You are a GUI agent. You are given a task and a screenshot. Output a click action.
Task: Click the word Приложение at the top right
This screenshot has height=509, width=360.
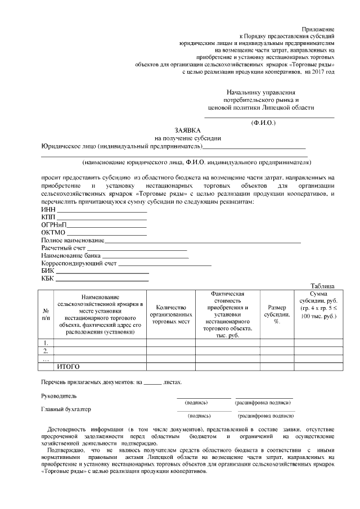pos(318,28)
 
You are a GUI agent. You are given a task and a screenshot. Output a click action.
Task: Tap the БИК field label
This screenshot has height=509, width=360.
pos(48,271)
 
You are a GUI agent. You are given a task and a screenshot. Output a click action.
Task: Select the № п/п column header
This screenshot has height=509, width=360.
pos(46,314)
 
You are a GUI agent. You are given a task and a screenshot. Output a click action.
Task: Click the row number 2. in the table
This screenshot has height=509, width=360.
pos(46,350)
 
